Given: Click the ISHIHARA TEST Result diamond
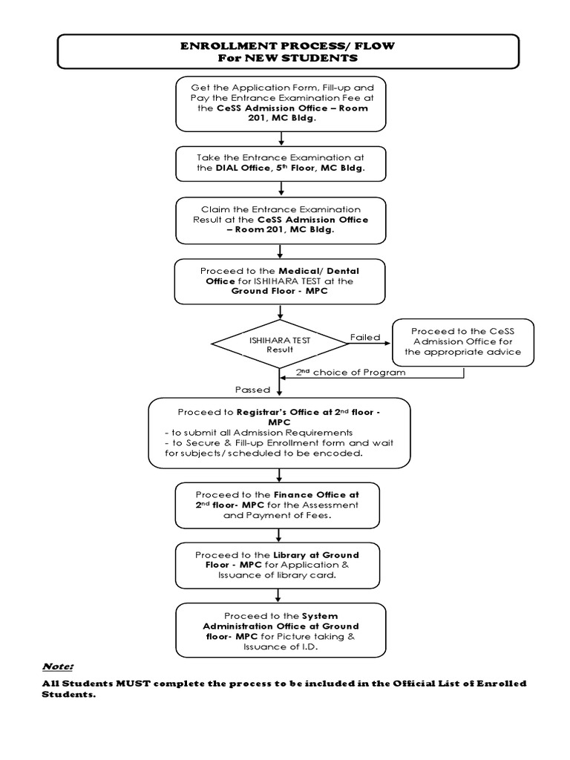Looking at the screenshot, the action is [x=280, y=344].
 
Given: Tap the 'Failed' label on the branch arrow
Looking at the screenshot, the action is [x=365, y=338].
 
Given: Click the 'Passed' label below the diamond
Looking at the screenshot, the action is [x=252, y=390].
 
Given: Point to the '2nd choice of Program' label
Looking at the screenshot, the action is [x=350, y=373].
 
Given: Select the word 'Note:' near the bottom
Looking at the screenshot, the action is [x=58, y=666].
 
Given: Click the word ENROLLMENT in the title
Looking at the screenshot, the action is [x=229, y=46].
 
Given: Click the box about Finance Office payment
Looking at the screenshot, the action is [x=278, y=505].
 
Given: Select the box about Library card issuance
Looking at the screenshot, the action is [x=278, y=565].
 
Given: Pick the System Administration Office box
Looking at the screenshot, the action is [x=281, y=630].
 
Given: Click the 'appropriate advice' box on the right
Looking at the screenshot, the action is [x=463, y=342].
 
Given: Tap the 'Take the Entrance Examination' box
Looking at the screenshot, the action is [x=281, y=164].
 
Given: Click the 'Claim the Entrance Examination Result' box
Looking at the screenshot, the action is [x=281, y=220].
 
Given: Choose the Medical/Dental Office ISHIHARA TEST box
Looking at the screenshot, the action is [x=280, y=281].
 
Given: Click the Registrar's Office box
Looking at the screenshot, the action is [x=279, y=433].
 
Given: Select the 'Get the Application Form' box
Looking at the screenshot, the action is [x=281, y=104].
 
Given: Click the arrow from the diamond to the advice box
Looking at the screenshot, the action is [x=370, y=344].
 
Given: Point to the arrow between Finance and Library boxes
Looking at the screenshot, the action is [x=278, y=536].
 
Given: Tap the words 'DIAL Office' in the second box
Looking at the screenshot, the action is [x=243, y=168].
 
